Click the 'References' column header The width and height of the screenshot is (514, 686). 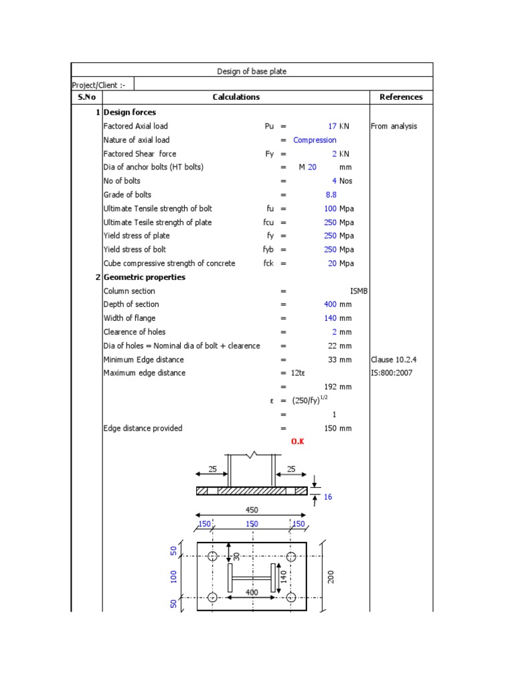tap(401, 97)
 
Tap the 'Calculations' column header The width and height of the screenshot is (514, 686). tap(236, 97)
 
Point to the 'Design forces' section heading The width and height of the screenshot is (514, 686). tap(130, 113)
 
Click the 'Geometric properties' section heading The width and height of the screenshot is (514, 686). tap(145, 277)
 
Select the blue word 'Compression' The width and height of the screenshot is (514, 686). tap(315, 140)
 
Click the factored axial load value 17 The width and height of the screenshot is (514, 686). tap(331, 126)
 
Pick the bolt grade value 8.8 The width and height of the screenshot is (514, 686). tap(331, 195)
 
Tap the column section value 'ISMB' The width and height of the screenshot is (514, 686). tap(359, 291)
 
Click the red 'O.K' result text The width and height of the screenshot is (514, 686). tap(298, 442)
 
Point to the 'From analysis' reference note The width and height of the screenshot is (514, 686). tap(394, 126)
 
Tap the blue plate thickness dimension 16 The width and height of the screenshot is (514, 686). tap(327, 497)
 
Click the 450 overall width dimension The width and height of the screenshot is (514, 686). tap(251, 510)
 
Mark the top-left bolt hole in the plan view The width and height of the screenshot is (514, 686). tap(212, 557)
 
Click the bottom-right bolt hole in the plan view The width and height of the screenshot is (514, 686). tap(290, 597)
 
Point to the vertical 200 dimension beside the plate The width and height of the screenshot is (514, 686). tap(330, 577)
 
